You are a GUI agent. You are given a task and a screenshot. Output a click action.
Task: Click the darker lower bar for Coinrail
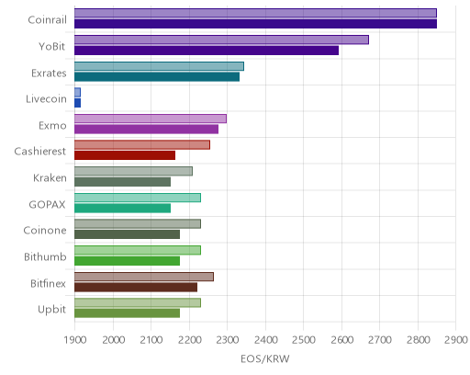(255, 24)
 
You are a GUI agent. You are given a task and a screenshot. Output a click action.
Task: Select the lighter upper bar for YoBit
(221, 40)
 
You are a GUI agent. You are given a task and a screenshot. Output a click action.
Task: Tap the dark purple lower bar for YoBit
(207, 51)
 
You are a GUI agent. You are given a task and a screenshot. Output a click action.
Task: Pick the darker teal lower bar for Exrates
(157, 77)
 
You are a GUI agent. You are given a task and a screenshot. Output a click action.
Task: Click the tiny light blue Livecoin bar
(77, 92)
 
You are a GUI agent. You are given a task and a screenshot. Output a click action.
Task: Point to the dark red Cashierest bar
(125, 155)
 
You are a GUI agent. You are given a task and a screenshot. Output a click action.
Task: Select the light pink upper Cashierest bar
(142, 145)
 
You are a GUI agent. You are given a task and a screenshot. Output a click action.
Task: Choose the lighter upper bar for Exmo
(151, 119)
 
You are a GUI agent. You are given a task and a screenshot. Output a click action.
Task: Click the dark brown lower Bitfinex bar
(136, 287)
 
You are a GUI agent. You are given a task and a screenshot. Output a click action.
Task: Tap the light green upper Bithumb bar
(138, 250)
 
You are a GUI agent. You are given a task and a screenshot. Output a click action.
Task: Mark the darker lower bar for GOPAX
(122, 209)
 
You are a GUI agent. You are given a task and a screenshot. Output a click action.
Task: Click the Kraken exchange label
(50, 178)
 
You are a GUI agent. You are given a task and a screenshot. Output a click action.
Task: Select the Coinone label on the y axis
(45, 231)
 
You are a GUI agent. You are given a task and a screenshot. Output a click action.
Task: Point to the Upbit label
(51, 310)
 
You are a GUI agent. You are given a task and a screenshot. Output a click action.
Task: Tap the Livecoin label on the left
(46, 99)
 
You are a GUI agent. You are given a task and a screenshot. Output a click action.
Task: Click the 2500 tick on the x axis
(304, 340)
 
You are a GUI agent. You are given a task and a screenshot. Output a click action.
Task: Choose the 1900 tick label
(75, 340)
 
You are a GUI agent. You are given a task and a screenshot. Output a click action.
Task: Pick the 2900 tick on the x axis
(456, 340)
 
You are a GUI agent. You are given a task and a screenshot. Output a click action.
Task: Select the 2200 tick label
(189, 340)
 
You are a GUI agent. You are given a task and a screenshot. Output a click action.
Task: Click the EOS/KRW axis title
(265, 358)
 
